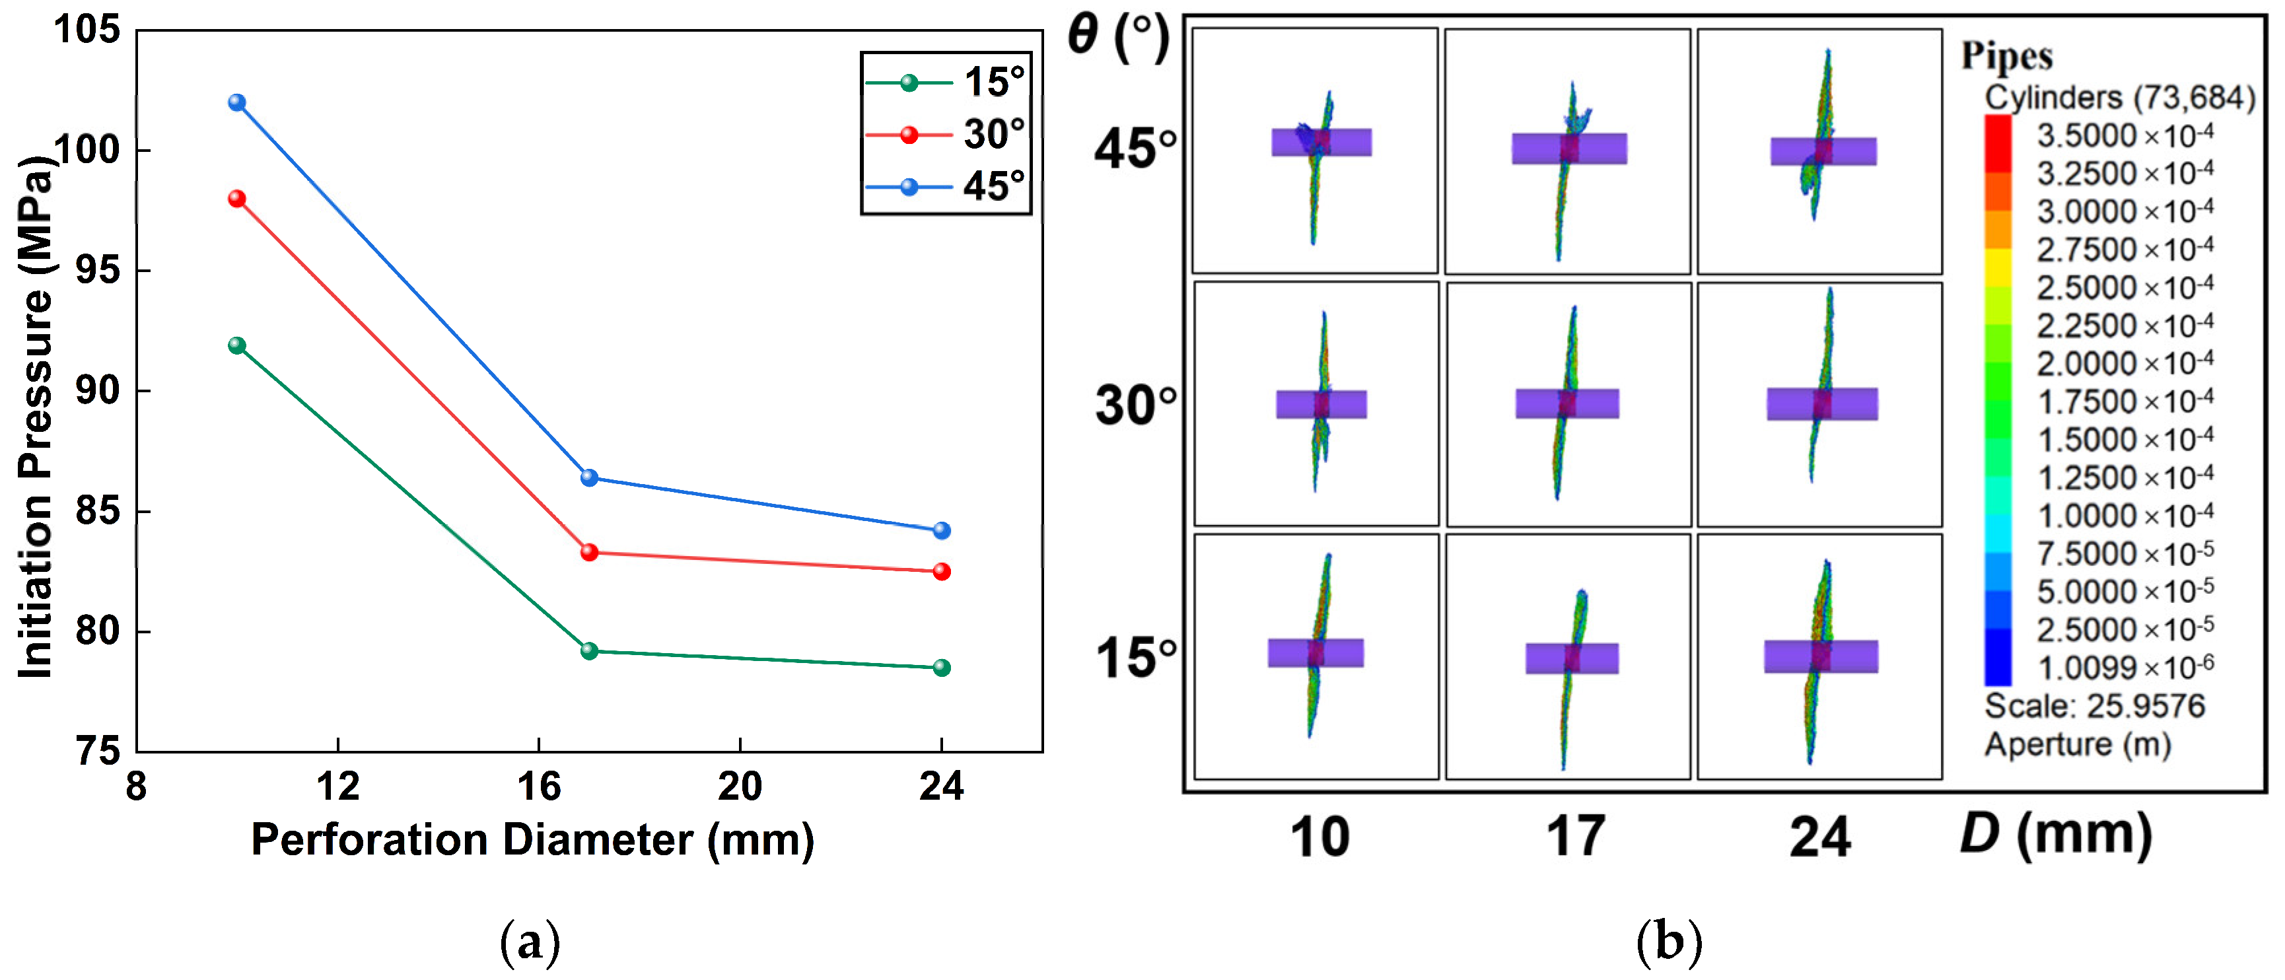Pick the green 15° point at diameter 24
pos(941,667)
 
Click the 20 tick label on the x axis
pos(740,786)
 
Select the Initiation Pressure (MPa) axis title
pos(36,417)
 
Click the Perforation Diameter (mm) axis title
pos(532,839)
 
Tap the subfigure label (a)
pos(530,941)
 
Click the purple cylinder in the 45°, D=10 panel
pos(1321,142)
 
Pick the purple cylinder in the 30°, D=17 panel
pos(1566,403)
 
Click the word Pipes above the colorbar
pos(2006,56)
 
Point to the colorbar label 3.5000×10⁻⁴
pos(2125,135)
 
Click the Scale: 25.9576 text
pos(2094,706)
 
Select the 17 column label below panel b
pos(1575,835)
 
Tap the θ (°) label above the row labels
pos(1117,37)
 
